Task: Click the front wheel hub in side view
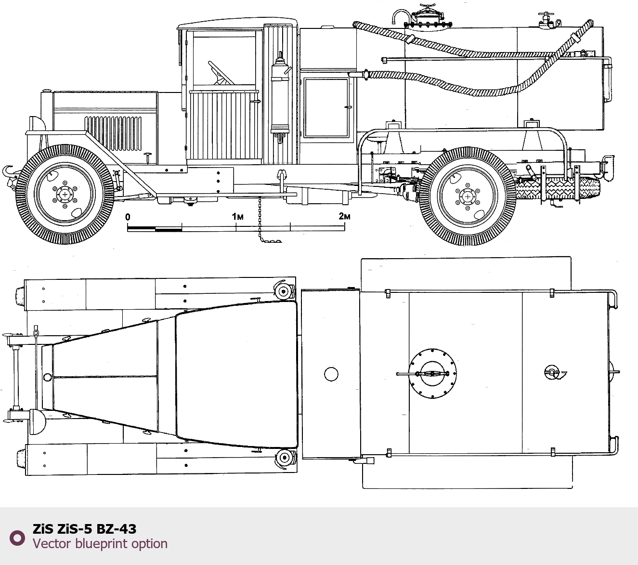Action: pyautogui.click(x=65, y=195)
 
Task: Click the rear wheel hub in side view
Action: pyautogui.click(x=468, y=197)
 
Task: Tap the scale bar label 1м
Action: pyautogui.click(x=238, y=216)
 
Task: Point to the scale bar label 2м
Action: pyautogui.click(x=344, y=216)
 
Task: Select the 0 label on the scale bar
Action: pyautogui.click(x=128, y=217)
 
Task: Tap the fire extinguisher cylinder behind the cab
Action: pyautogui.click(x=280, y=98)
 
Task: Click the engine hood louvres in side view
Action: pyautogui.click(x=113, y=133)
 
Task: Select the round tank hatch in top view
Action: pyautogui.click(x=432, y=373)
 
